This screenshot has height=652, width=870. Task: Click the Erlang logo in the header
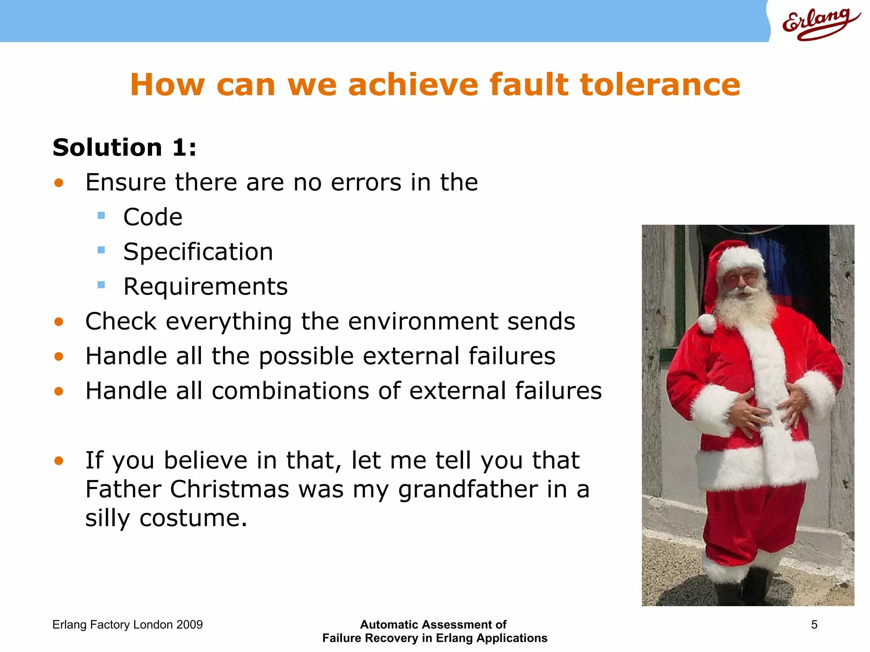pyautogui.click(x=820, y=23)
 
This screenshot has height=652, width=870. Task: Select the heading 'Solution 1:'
pyautogui.click(x=124, y=148)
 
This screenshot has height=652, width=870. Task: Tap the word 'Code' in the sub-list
pyautogui.click(x=153, y=217)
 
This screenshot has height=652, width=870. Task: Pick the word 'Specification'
pyautogui.click(x=198, y=252)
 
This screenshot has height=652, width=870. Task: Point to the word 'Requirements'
pyautogui.click(x=206, y=287)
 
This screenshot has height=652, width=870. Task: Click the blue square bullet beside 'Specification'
pyautogui.click(x=101, y=250)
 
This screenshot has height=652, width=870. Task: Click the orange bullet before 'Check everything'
pyautogui.click(x=59, y=322)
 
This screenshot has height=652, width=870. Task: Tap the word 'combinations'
pyautogui.click(x=291, y=391)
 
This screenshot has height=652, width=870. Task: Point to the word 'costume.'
pyautogui.click(x=193, y=518)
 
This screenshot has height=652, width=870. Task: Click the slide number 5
pyautogui.click(x=814, y=624)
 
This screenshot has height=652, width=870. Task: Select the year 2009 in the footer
pyautogui.click(x=189, y=624)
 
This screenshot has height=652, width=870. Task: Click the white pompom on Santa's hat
pyautogui.click(x=706, y=323)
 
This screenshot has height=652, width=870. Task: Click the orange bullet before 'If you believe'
pyautogui.click(x=59, y=461)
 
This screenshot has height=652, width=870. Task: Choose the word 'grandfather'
pyautogui.click(x=468, y=489)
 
